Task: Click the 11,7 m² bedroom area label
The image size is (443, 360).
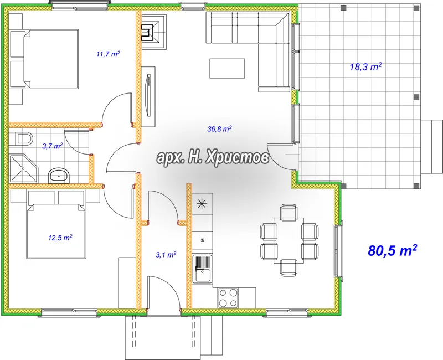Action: [x=108, y=54]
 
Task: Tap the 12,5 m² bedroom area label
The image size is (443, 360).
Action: [x=60, y=238]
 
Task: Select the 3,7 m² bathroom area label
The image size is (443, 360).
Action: [x=53, y=146]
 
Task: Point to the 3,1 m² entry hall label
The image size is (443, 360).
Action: [x=166, y=255]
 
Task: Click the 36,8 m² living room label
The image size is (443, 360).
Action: [x=220, y=129]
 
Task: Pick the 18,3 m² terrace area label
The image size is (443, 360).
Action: [x=366, y=67]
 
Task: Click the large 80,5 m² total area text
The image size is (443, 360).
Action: [x=393, y=250]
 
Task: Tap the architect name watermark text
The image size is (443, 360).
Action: [x=213, y=157]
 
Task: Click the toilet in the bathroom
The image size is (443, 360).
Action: [x=21, y=139]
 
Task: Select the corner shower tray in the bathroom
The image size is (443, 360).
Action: [x=23, y=168]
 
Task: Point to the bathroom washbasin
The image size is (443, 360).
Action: [x=59, y=176]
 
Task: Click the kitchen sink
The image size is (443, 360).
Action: [x=202, y=269]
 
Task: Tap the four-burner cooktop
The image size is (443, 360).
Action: [x=228, y=298]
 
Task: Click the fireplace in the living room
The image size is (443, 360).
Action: [x=153, y=32]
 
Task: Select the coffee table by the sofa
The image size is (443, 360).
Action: [x=227, y=68]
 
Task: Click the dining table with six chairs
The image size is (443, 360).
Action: [x=289, y=240]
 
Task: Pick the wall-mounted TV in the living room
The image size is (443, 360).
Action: [x=148, y=95]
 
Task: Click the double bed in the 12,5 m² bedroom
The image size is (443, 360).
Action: [x=56, y=230]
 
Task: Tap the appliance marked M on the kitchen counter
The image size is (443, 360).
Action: [x=202, y=240]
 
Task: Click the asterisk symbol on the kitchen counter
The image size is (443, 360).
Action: [x=202, y=203]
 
